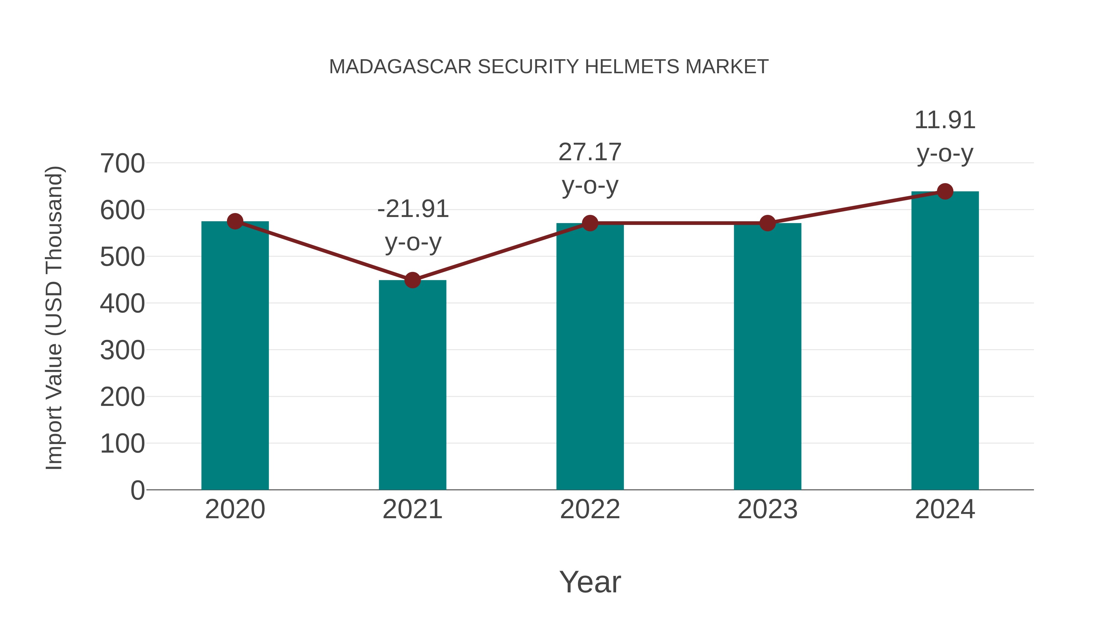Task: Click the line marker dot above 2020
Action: (235, 221)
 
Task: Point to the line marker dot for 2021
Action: (412, 280)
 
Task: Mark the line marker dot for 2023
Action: (767, 223)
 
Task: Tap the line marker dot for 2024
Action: (945, 191)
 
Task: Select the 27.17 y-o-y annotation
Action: (590, 168)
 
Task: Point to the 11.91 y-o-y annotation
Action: (945, 136)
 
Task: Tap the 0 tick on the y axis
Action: (137, 490)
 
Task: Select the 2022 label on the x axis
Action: (590, 509)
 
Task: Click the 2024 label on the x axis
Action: (945, 509)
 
